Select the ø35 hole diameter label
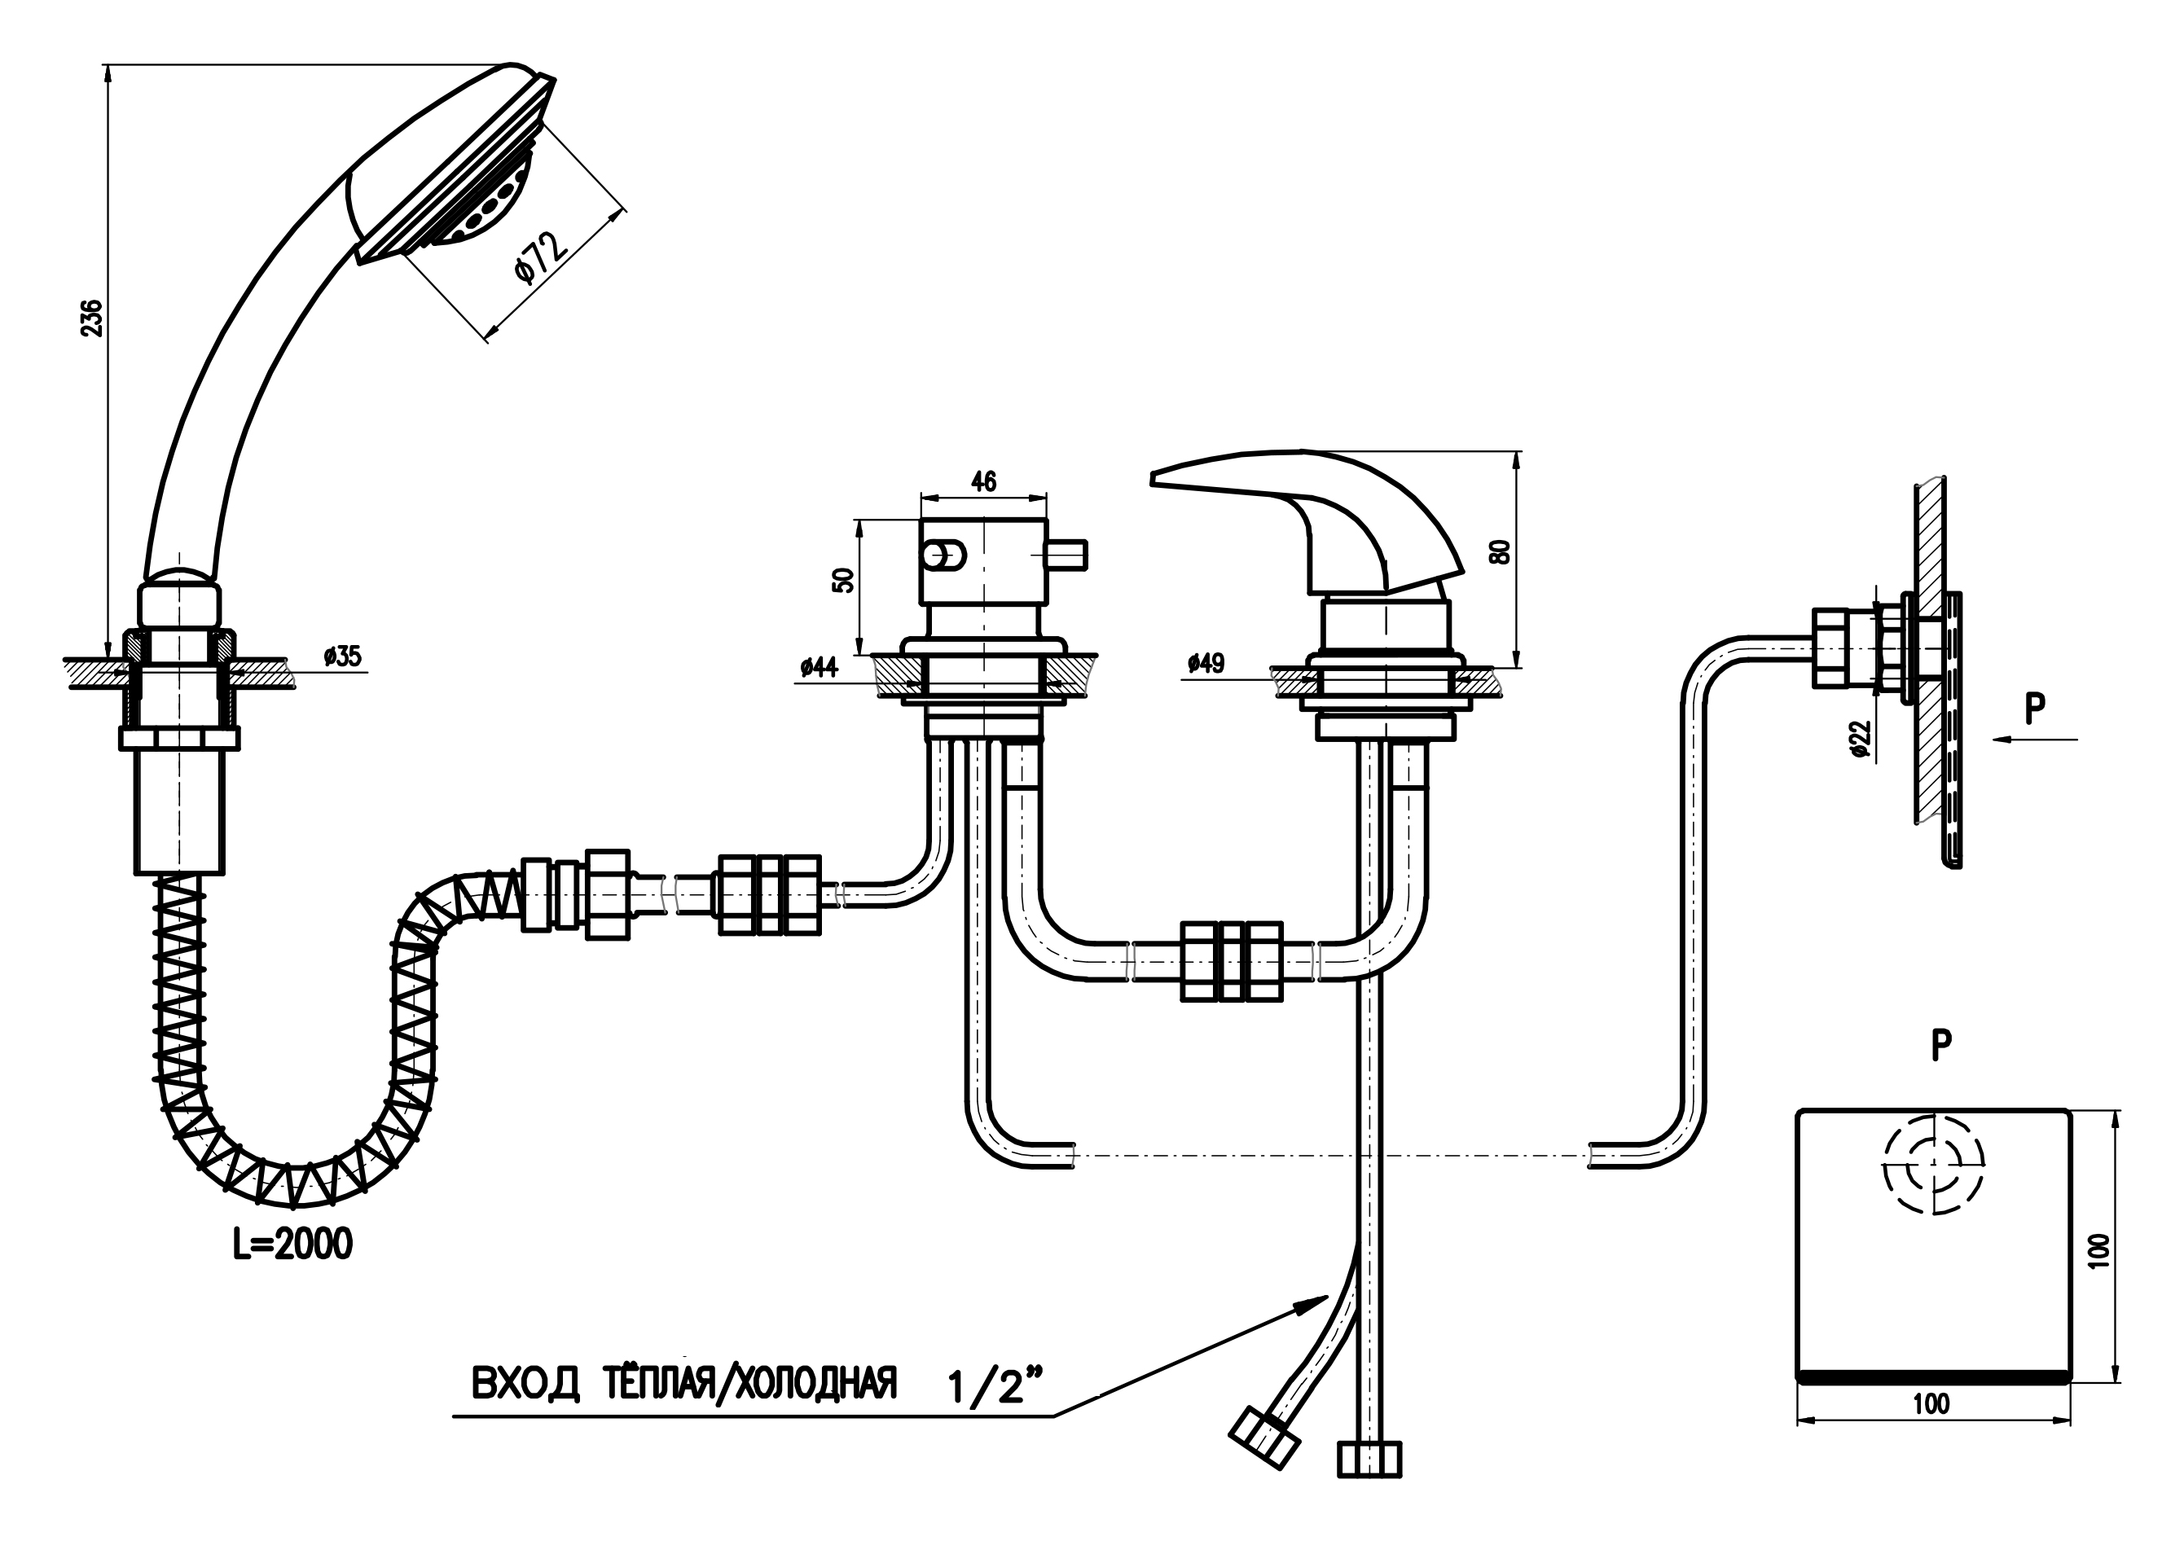pos(342,656)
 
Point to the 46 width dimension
pos(983,481)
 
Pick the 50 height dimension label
pos(844,579)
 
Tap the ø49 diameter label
pos(1206,663)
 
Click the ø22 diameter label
pos(1861,739)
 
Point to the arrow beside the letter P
pos(2036,739)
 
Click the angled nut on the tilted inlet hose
pos(1264,1440)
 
